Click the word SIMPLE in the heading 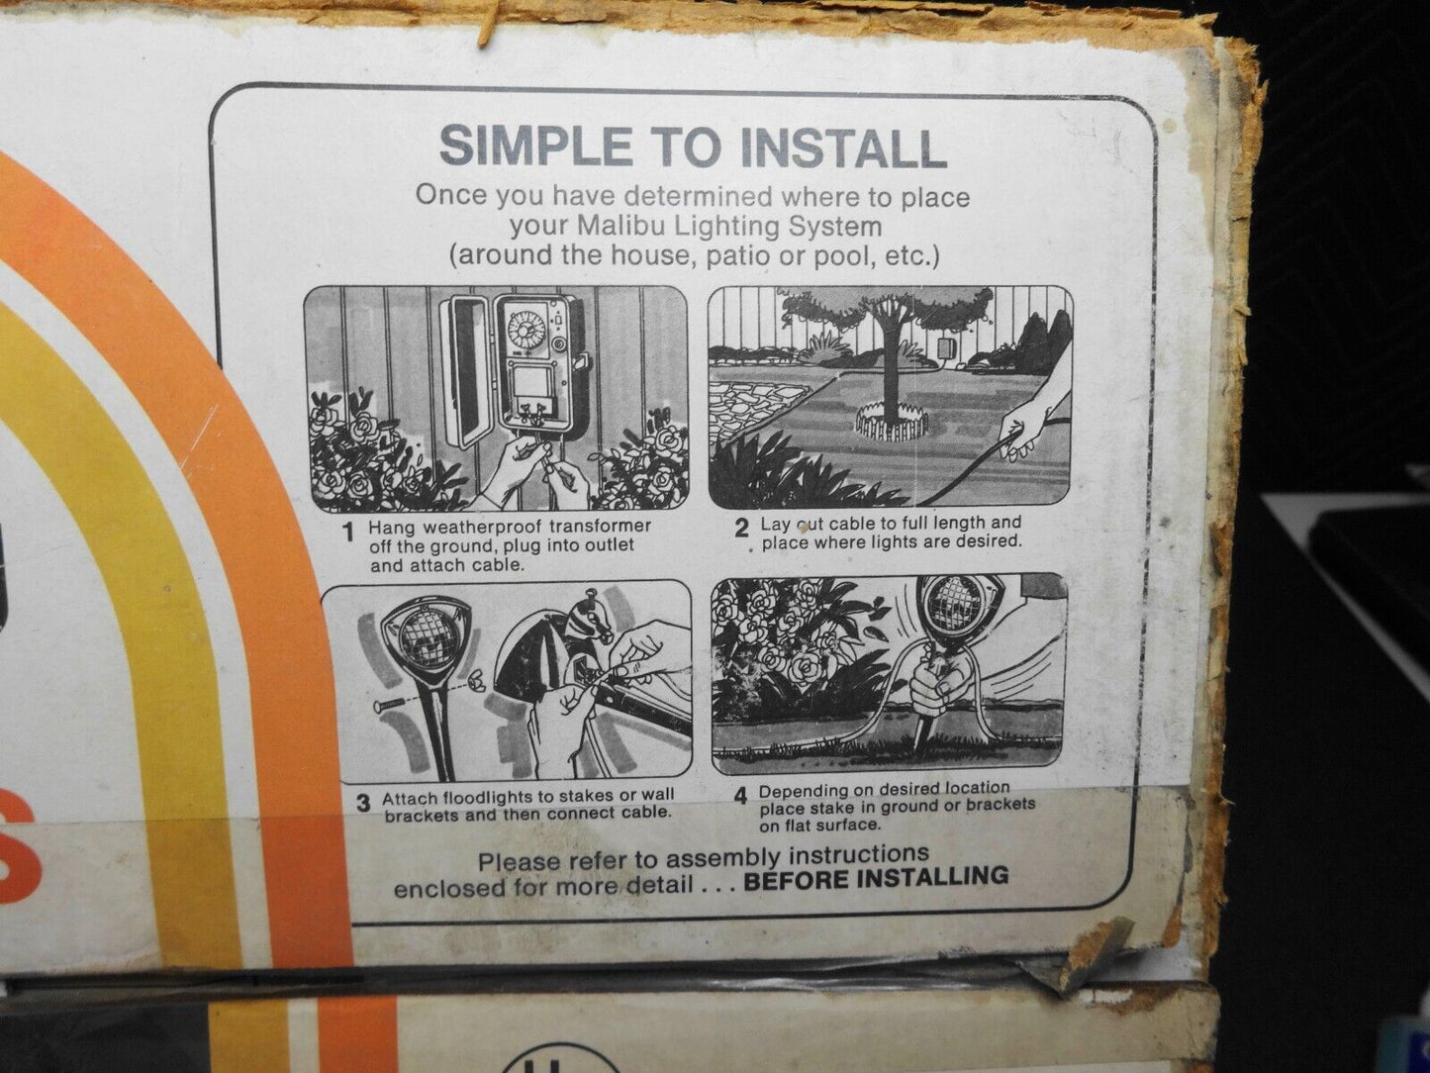point(535,145)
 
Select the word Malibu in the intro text point(620,227)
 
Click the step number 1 point(349,535)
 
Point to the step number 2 point(741,528)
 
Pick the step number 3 point(363,804)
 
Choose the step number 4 point(740,796)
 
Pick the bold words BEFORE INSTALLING point(876,878)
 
